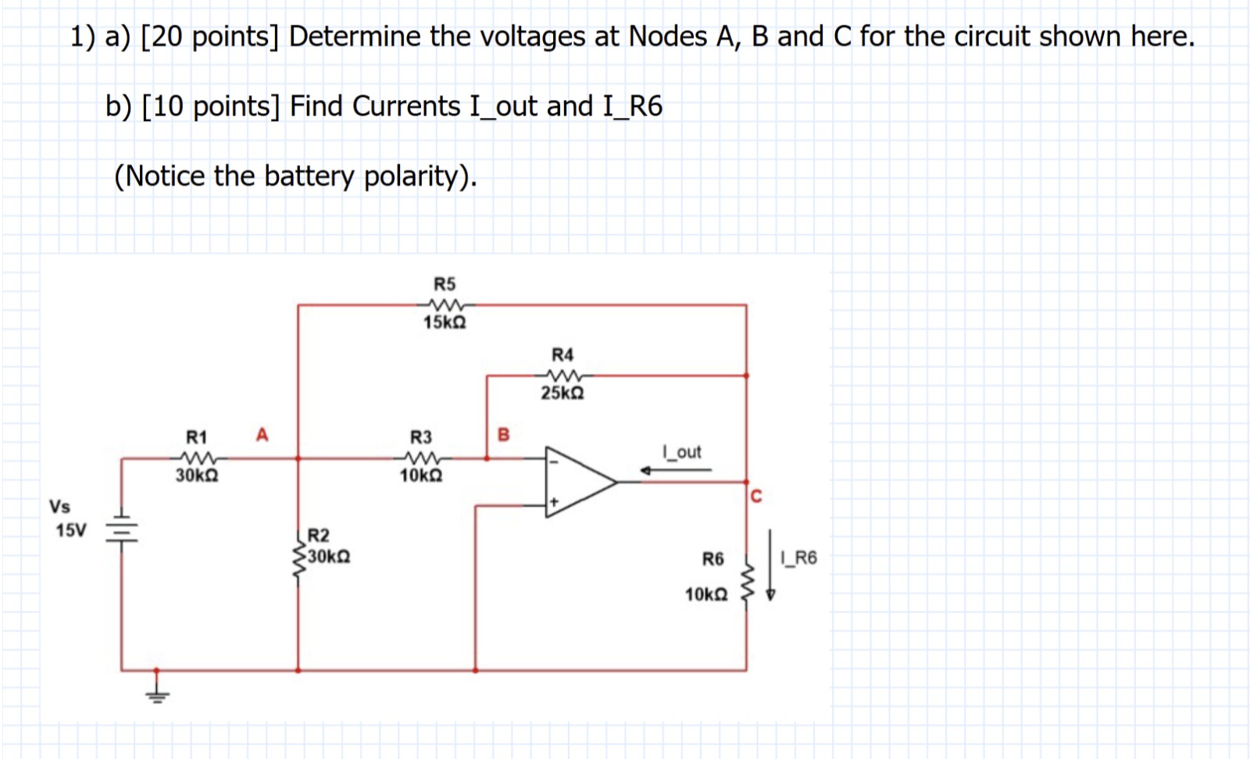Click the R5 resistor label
tap(445, 283)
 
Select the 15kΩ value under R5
tap(445, 322)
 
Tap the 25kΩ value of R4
tap(562, 393)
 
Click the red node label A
tap(262, 434)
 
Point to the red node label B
tap(503, 434)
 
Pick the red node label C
tap(755, 497)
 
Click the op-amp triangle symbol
tap(578, 482)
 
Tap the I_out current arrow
tap(675, 470)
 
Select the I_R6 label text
tap(798, 558)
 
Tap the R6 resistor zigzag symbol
tap(746, 579)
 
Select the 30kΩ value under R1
tap(197, 476)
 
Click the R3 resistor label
tap(421, 437)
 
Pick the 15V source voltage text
tap(71, 531)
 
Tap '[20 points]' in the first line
tap(209, 37)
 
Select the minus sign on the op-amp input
tap(554, 461)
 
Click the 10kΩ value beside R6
tap(706, 595)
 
